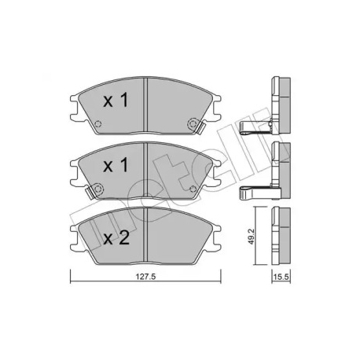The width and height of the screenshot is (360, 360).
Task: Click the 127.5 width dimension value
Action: coord(146,277)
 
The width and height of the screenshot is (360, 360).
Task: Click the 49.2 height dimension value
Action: coord(252,237)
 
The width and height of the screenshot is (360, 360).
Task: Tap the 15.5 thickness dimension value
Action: coord(281,277)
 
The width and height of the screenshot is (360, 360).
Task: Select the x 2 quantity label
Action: coord(116,238)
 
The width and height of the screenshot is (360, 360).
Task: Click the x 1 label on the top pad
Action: coord(116,101)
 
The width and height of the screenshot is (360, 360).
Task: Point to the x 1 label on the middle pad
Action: coord(116,166)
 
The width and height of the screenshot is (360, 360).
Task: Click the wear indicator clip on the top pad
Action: coord(202,128)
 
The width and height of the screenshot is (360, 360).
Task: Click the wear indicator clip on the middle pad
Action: coord(90,193)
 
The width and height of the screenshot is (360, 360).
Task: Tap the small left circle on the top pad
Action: coord(98,123)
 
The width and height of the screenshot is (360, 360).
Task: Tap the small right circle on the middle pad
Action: coord(193,189)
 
